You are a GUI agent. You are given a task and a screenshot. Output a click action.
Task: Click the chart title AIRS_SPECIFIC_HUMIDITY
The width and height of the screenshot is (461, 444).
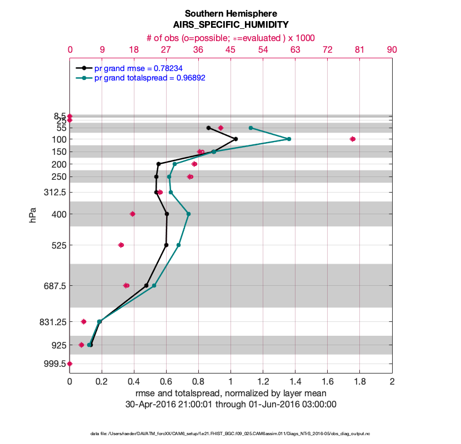[231, 25]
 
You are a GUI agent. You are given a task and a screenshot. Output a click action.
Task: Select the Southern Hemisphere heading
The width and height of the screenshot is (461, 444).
[231, 13]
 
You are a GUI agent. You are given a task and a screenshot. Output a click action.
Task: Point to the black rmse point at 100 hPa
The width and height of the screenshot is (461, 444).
[236, 139]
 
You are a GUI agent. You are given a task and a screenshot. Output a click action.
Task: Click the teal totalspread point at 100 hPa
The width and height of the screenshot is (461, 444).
[289, 139]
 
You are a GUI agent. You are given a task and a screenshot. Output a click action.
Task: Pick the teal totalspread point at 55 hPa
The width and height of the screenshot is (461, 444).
[251, 128]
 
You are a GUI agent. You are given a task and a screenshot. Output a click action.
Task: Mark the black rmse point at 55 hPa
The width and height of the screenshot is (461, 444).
[208, 128]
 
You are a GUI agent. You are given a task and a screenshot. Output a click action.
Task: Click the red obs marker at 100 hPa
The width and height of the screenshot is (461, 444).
[353, 139]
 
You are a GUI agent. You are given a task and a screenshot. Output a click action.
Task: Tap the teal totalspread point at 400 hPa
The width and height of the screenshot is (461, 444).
[188, 214]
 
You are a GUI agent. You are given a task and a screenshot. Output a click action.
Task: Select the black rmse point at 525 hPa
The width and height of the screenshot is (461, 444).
[167, 245]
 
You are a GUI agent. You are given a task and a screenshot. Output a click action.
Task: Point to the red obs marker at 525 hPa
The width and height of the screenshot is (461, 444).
[121, 245]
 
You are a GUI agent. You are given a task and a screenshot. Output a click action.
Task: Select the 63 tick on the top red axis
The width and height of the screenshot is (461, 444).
[295, 49]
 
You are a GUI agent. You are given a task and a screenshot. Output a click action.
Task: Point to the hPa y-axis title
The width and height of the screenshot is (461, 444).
[33, 215]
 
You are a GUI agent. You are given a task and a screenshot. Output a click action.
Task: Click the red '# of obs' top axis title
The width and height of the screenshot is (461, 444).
[231, 38]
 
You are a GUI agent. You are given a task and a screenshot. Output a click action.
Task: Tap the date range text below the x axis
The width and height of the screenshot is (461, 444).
[231, 405]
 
